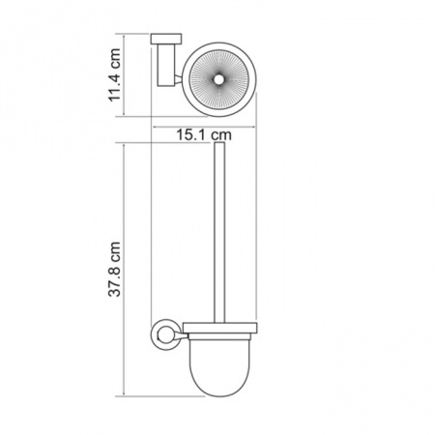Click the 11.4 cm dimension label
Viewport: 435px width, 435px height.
pyautogui.click(x=114, y=74)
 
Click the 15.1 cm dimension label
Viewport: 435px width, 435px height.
pyautogui.click(x=204, y=135)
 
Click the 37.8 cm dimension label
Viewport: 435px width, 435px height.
pyautogui.click(x=114, y=269)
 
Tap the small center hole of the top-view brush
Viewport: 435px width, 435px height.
pyautogui.click(x=219, y=80)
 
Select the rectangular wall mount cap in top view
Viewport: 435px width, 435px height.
pyautogui.click(x=166, y=39)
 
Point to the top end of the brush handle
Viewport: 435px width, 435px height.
pyautogui.click(x=219, y=142)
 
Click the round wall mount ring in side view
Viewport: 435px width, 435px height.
pyautogui.click(x=162, y=335)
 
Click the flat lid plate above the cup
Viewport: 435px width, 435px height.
pyautogui.click(x=220, y=328)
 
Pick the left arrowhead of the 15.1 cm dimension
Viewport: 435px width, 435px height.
pyautogui.click(x=155, y=128)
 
